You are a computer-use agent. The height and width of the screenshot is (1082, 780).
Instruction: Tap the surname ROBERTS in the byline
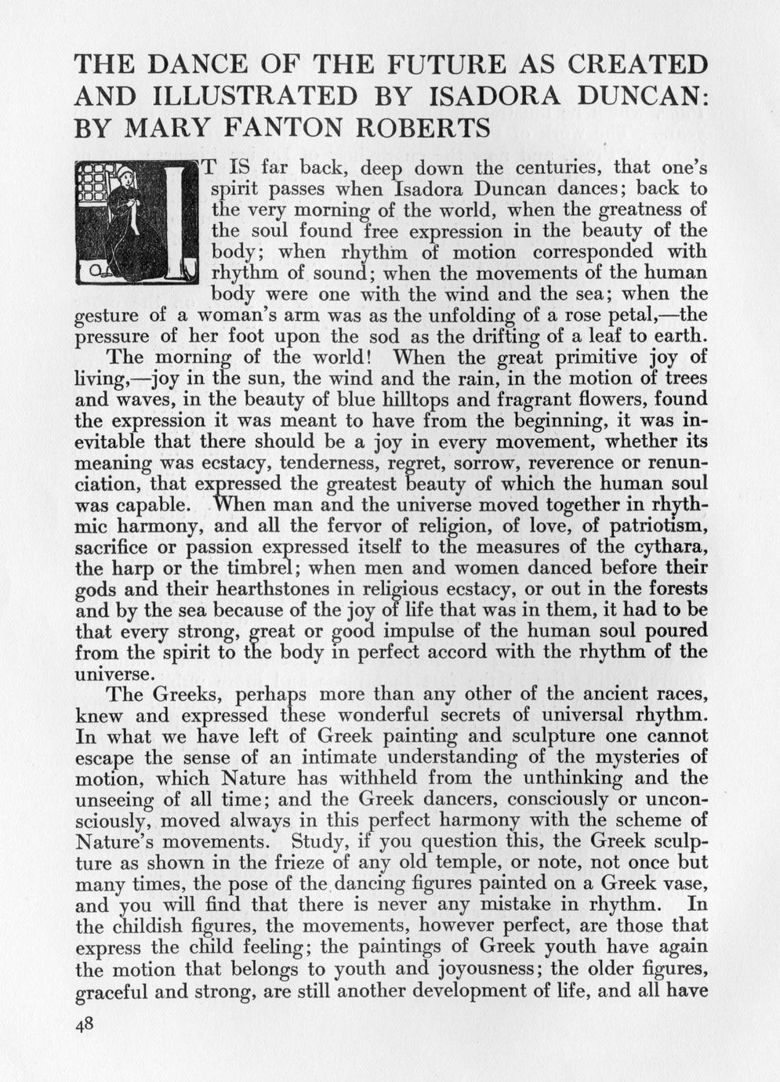(419, 127)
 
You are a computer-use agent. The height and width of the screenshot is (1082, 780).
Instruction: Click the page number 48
(84, 1029)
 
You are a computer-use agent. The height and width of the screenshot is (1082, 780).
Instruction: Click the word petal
(642, 316)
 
